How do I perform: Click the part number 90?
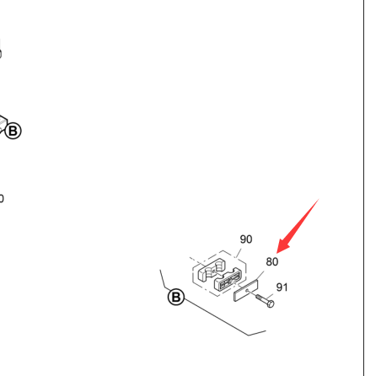[x=246, y=239]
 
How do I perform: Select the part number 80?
[x=272, y=262]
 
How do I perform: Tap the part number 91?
[x=282, y=287]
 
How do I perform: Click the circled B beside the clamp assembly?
[x=176, y=297]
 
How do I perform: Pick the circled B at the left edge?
[x=13, y=131]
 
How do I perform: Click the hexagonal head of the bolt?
[x=270, y=303]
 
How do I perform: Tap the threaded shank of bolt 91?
[x=260, y=298]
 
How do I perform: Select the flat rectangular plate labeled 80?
[x=245, y=291]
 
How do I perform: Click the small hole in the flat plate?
[x=247, y=291]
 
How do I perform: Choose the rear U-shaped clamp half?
[x=212, y=270]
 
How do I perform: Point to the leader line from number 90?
[x=239, y=253]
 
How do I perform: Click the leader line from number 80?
[x=260, y=276]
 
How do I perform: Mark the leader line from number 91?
[x=269, y=297]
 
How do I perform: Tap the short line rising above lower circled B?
[x=164, y=280]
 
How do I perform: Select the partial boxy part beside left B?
[x=3, y=124]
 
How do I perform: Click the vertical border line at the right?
[x=363, y=188]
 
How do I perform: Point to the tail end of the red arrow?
[x=319, y=199]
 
